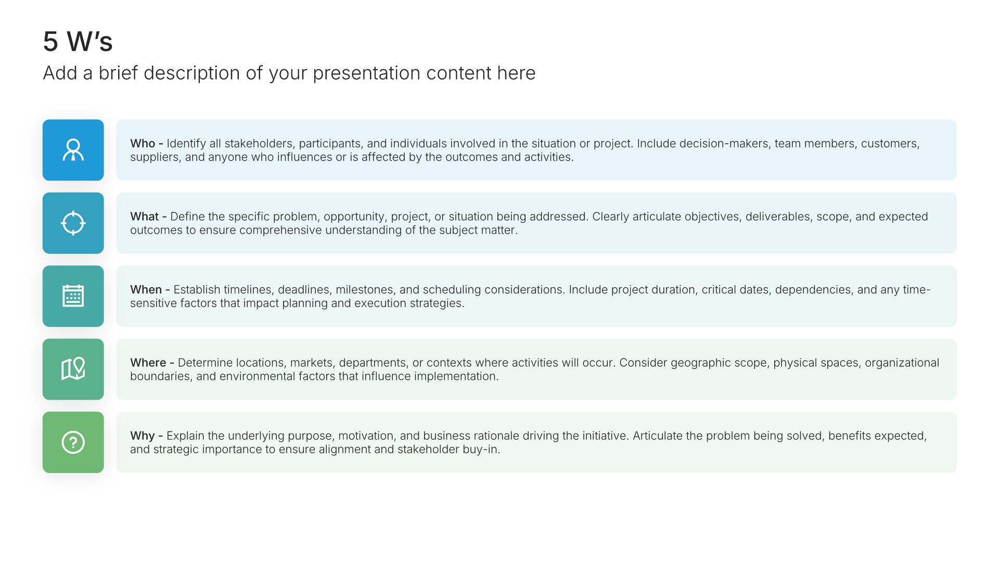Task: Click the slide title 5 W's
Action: pos(78,42)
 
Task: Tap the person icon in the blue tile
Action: pos(73,150)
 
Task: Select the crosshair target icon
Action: pos(73,223)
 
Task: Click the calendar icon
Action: pos(73,296)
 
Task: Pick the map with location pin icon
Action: pos(73,369)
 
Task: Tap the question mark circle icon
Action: pos(73,442)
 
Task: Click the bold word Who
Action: pos(143,144)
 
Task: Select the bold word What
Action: pos(144,216)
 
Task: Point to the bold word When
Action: pos(146,290)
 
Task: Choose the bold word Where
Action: pos(148,363)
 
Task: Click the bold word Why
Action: pos(143,436)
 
